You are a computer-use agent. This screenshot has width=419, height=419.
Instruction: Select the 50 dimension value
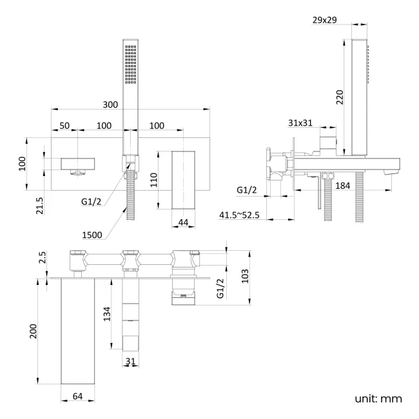pyautogui.click(x=65, y=125)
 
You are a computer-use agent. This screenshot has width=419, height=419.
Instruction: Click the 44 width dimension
pyautogui.click(x=183, y=222)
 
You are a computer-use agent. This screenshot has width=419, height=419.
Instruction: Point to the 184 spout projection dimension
pyautogui.click(x=361, y=186)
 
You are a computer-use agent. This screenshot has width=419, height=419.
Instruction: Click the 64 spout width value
pyautogui.click(x=78, y=395)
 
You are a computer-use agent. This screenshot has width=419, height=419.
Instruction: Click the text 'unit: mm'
pyautogui.click(x=378, y=398)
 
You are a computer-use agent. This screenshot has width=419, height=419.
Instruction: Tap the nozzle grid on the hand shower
pyautogui.click(x=132, y=64)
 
